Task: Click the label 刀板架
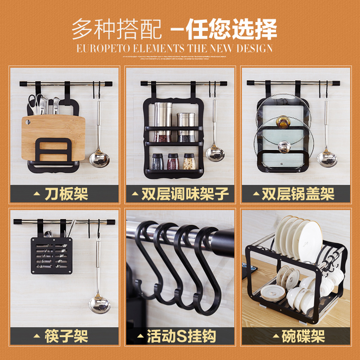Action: click(x=66, y=194)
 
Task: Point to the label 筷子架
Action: click(x=66, y=336)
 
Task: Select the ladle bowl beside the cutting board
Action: click(x=99, y=160)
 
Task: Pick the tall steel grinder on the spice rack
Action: click(x=163, y=121)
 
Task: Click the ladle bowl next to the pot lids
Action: click(x=326, y=158)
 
